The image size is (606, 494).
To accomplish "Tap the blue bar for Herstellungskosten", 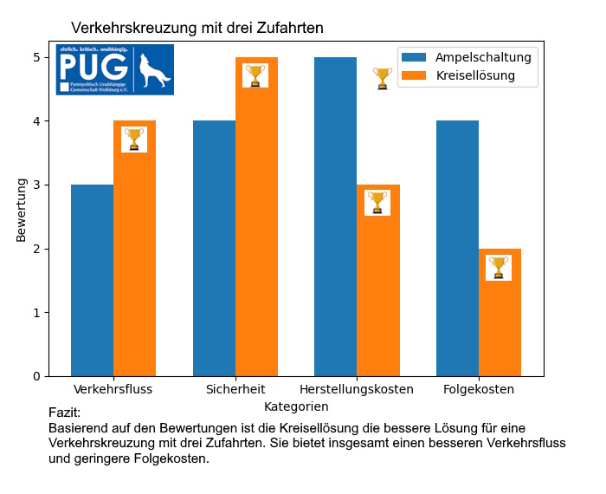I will pos(335,217).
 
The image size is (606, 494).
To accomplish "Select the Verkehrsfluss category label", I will pos(113,389).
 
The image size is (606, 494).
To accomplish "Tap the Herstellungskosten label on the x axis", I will pos(357,389).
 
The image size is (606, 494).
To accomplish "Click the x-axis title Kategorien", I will pos(296,406).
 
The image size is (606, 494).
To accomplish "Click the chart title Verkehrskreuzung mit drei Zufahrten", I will pos(197,28).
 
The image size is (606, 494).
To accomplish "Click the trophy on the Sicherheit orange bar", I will pos(255,75).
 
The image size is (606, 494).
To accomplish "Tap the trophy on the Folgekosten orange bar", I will pos(499,267).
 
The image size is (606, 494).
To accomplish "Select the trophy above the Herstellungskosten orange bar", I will pos(383,78).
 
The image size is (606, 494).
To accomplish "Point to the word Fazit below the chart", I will pos(64,413).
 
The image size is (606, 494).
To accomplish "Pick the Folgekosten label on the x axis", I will pos(479,389).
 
